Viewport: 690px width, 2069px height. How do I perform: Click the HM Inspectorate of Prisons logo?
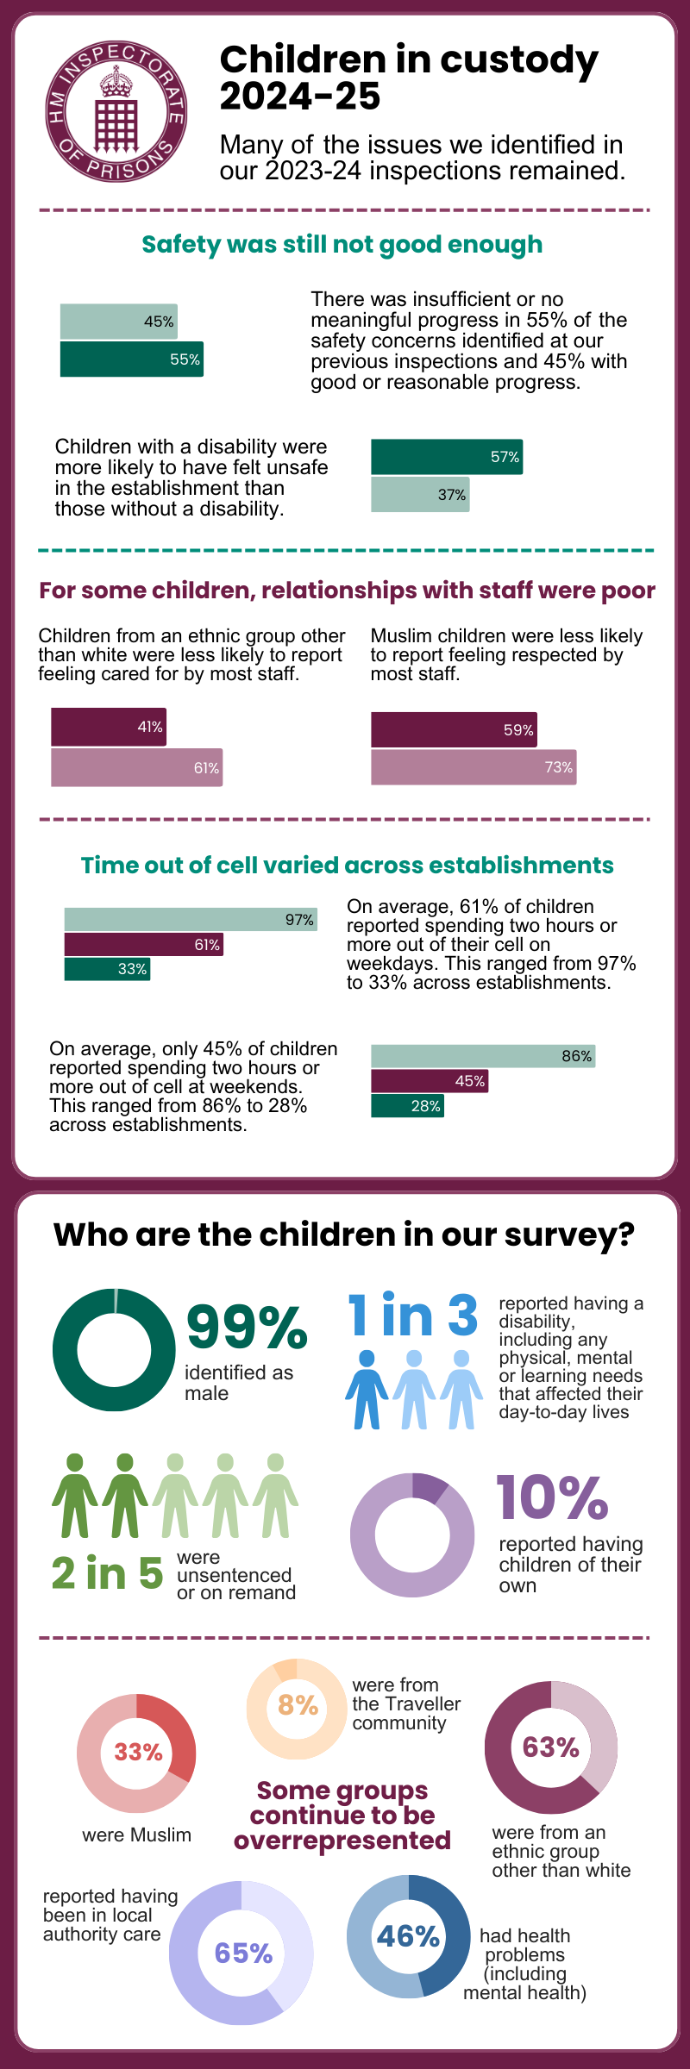pyautogui.click(x=116, y=111)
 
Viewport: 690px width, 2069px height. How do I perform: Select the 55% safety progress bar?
pyautogui.click(x=131, y=359)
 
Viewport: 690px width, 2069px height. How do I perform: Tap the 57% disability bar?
pyautogui.click(x=446, y=457)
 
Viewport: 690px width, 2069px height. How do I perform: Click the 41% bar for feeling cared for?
pyautogui.click(x=108, y=727)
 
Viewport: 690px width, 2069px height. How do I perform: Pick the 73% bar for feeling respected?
pyautogui.click(x=473, y=767)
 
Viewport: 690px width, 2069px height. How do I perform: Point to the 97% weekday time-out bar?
pyautogui.click(x=190, y=920)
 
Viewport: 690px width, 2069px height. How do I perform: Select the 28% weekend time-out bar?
pyautogui.click(x=407, y=1106)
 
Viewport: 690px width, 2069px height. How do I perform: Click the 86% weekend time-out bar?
pyautogui.click(x=482, y=1056)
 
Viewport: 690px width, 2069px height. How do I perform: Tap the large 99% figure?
pyautogui.click(x=247, y=1328)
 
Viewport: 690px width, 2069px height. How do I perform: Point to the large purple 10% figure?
pyautogui.click(x=552, y=1498)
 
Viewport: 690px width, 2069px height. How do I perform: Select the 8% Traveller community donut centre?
pyautogui.click(x=298, y=1705)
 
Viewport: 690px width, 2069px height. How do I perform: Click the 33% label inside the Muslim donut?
pyautogui.click(x=138, y=1753)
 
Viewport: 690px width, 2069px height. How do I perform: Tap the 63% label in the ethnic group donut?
pyautogui.click(x=550, y=1747)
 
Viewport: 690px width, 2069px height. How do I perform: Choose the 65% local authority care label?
pyautogui.click(x=243, y=1953)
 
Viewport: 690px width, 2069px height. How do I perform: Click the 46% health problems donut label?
pyautogui.click(x=408, y=1936)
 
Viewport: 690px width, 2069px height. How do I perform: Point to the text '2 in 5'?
pyautogui.click(x=106, y=1573)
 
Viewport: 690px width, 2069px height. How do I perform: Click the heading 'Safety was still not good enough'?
pyautogui.click(x=342, y=245)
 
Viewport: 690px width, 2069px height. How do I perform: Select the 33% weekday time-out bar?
pyautogui.click(x=107, y=969)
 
